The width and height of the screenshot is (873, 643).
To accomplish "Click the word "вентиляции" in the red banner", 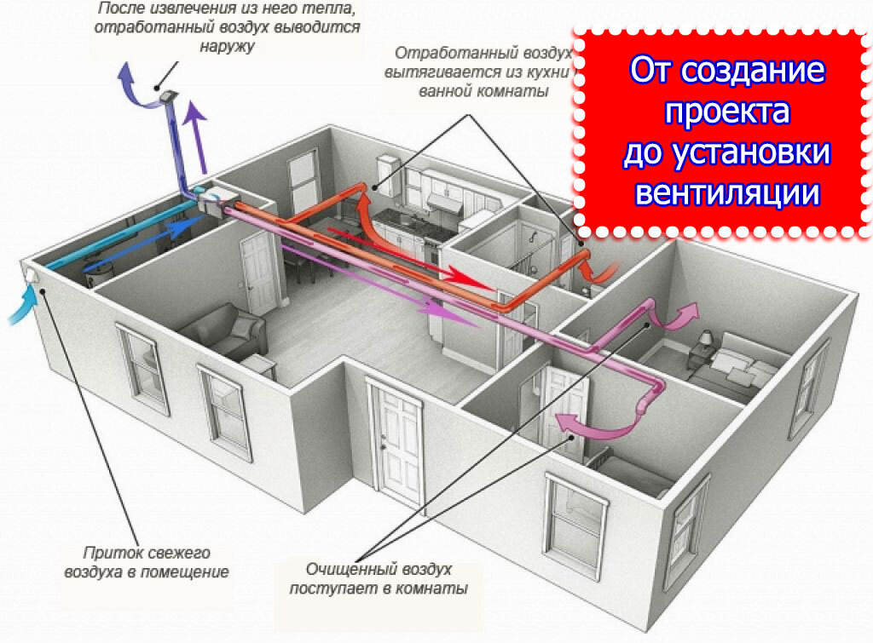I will (727, 192).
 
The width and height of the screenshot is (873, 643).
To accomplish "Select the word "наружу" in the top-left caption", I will (228, 46).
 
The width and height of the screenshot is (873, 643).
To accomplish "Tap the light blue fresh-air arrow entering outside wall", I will (24, 306).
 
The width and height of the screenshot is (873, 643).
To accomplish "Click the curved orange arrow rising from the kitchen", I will (367, 217).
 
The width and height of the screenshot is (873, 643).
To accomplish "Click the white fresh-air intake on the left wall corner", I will (32, 273).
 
